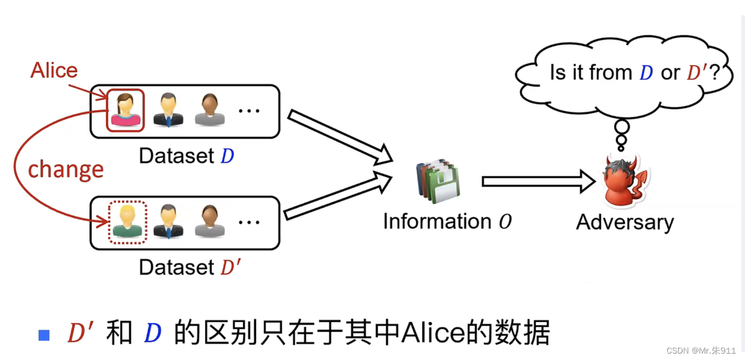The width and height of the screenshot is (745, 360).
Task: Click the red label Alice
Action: tap(54, 71)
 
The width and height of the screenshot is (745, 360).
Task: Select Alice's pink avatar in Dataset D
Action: tap(125, 110)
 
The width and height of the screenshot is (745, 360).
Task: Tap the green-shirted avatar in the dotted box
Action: tap(127, 223)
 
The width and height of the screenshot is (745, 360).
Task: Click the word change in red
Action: tap(65, 169)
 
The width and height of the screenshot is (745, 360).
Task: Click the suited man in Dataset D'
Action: tap(168, 222)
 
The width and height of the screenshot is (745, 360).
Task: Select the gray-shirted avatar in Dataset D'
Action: tap(209, 222)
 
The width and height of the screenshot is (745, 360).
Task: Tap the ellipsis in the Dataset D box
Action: tap(249, 110)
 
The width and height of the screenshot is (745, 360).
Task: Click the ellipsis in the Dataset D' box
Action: tap(249, 223)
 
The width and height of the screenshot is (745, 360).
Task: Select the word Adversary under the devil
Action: tap(625, 222)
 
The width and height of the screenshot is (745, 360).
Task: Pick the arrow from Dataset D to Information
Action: tap(339, 136)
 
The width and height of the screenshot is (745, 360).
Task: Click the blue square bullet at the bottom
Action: tap(44, 335)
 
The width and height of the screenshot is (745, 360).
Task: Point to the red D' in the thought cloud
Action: tap(697, 72)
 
